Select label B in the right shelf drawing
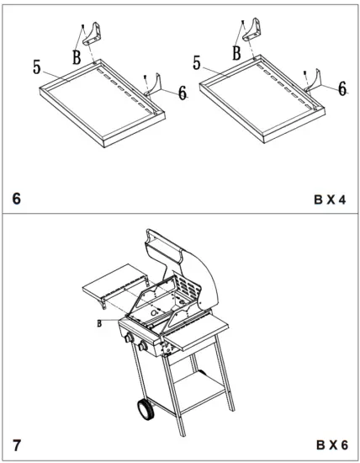pyautogui.click(x=236, y=51)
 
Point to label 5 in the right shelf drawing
pyautogui.click(x=196, y=63)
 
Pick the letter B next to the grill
pyautogui.click(x=98, y=322)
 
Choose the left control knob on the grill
pyautogui.click(x=129, y=342)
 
